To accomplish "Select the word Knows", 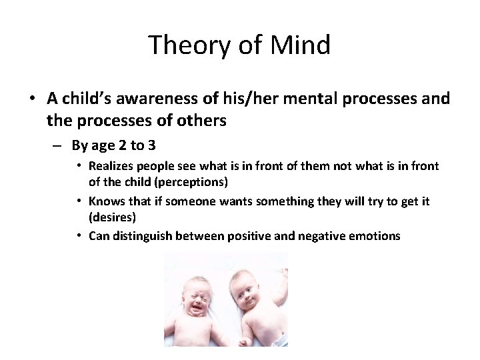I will [105, 201].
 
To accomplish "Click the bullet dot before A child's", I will [32, 99].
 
